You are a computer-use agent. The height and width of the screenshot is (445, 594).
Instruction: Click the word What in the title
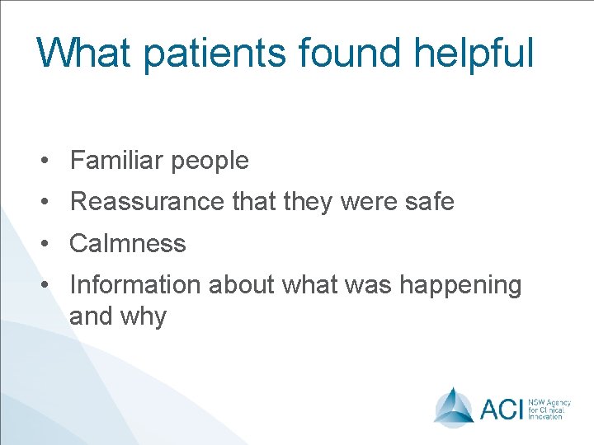click(84, 53)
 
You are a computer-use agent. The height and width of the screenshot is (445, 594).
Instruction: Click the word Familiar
click(116, 160)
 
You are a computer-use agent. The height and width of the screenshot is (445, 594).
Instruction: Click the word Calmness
click(128, 243)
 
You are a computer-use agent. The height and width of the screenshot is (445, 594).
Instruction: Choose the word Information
click(135, 285)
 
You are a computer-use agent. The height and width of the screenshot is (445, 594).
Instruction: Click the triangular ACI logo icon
click(454, 405)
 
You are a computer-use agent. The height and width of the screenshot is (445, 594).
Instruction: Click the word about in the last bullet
click(242, 285)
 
